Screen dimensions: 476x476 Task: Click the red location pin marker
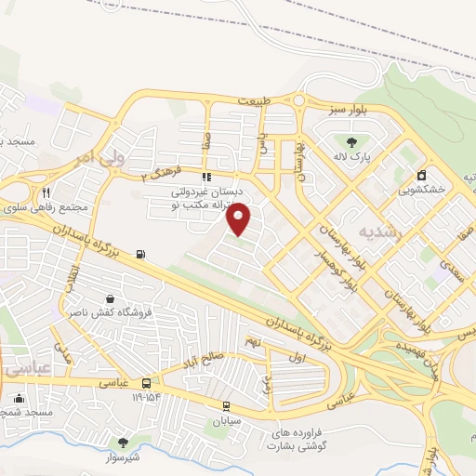pyautogui.click(x=239, y=218)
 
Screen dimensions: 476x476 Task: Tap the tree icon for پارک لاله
pyautogui.click(x=350, y=142)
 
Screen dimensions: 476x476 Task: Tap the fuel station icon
pyautogui.click(x=141, y=253)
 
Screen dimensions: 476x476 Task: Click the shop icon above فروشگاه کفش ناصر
pyautogui.click(x=111, y=299)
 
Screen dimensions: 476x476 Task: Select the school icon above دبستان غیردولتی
pyautogui.click(x=205, y=176)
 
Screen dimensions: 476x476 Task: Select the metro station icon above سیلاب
pyautogui.click(x=227, y=405)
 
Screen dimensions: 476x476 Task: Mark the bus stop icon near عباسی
pyautogui.click(x=147, y=384)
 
